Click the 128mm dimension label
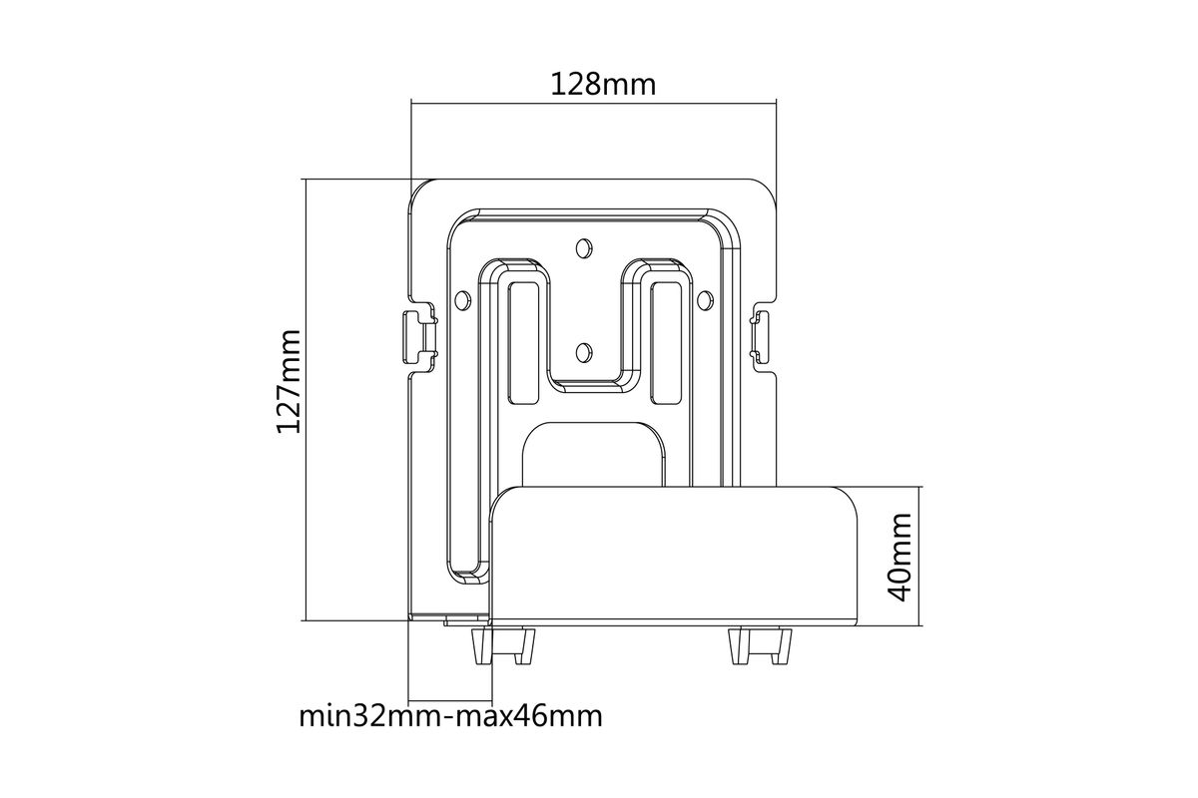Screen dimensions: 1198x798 pos(603,85)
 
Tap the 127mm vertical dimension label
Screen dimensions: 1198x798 pos(289,382)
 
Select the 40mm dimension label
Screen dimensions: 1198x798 pos(899,557)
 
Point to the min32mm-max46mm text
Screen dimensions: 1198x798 pos(450,716)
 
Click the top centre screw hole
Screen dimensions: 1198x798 pos(583,247)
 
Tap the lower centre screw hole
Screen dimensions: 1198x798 pos(583,352)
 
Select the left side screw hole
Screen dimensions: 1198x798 pos(462,300)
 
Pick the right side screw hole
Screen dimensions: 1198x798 pos(705,300)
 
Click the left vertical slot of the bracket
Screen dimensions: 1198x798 pos(523,342)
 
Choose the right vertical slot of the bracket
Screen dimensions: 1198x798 pos(666,342)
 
